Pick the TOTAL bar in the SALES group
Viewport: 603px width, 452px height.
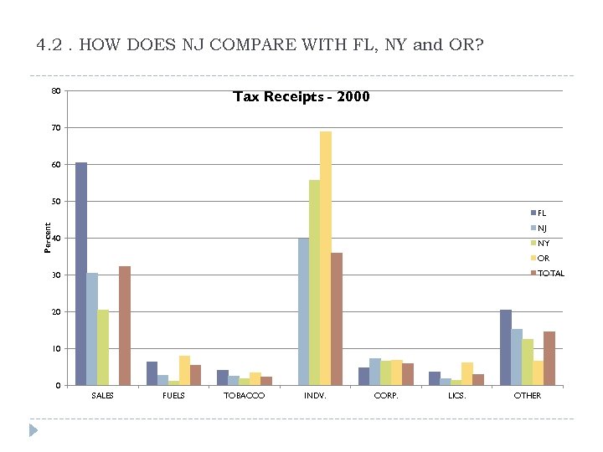tap(125, 326)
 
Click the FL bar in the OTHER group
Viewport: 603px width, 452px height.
tap(505, 347)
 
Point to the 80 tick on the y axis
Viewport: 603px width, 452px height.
tap(55, 90)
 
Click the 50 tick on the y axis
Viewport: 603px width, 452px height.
tap(55, 201)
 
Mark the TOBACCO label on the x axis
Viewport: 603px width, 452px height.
tap(244, 395)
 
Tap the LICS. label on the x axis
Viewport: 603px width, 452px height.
tap(456, 395)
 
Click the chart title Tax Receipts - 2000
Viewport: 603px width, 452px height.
tap(301, 97)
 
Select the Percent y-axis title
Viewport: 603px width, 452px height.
tap(47, 238)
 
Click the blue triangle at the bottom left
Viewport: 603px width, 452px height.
tap(33, 430)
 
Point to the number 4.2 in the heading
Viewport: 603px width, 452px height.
tap(49, 44)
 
